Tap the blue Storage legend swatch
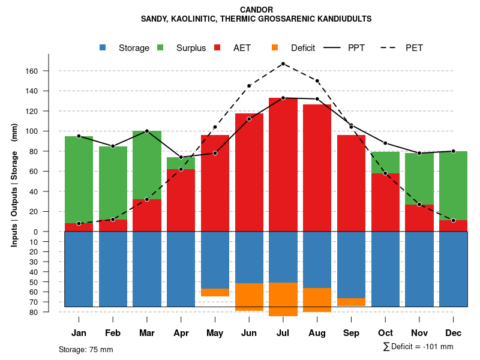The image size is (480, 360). point(103,47)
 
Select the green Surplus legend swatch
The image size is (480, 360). point(160,47)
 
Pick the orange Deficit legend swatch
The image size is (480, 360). point(275,47)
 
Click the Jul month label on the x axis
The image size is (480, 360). point(283,333)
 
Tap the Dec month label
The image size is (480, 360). point(454,333)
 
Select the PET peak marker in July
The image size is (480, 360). point(283,64)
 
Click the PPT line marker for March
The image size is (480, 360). point(147,131)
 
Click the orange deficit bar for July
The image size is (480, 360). point(283,299)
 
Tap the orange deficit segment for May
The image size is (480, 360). point(215,292)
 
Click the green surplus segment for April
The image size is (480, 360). point(181,163)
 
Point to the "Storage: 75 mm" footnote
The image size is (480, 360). point(86,349)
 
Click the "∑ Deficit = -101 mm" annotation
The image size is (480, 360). point(418,347)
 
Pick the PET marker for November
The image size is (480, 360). point(419,205)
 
